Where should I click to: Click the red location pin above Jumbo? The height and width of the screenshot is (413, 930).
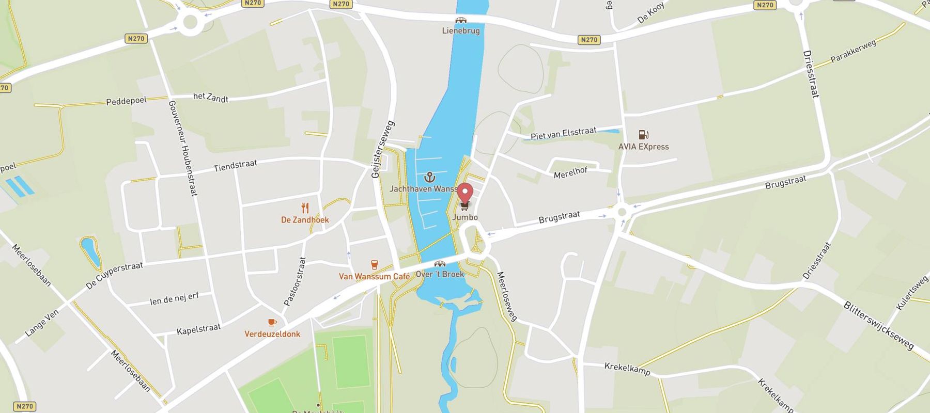tap(465, 193)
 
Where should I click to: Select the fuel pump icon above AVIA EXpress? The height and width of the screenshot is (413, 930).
tap(643, 135)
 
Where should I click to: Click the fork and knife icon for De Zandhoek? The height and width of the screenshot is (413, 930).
tap(305, 208)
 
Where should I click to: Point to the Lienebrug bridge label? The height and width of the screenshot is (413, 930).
tap(461, 30)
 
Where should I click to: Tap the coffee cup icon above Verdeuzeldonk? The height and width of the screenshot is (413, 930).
tap(272, 323)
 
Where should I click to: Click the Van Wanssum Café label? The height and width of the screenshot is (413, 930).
tap(374, 277)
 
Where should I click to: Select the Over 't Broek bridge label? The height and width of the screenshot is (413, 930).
tap(440, 274)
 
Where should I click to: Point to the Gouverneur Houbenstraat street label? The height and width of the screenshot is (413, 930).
tap(183, 148)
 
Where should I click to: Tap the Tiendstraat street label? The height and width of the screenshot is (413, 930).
tap(235, 165)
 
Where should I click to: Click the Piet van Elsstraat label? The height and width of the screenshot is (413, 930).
tap(563, 133)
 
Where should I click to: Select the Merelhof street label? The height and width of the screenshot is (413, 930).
tap(570, 172)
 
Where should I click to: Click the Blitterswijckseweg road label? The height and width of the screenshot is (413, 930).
tap(878, 326)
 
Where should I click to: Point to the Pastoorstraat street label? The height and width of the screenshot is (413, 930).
tap(295, 281)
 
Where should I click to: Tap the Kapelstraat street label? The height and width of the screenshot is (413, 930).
tap(198, 329)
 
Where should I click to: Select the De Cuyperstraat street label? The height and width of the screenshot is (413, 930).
tap(114, 275)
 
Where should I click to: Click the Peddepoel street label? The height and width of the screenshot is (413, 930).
tap(126, 101)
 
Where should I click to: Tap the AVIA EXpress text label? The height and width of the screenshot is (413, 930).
tap(643, 147)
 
